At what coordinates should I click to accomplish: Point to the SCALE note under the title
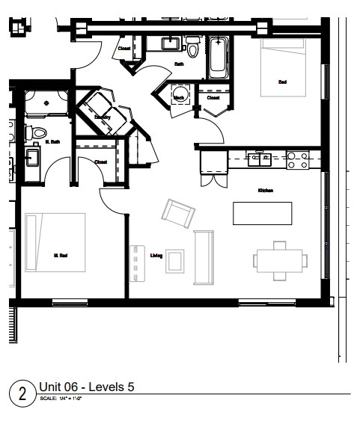(60, 398)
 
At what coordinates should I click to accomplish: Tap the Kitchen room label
(265, 191)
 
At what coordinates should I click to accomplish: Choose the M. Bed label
(61, 256)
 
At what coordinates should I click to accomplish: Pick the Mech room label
(180, 97)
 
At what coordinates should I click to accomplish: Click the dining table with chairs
(279, 259)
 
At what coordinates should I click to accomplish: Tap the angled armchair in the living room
(179, 215)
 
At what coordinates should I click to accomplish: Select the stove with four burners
(298, 159)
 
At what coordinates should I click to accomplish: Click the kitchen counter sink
(261, 158)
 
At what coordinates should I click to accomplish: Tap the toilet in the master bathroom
(40, 132)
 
